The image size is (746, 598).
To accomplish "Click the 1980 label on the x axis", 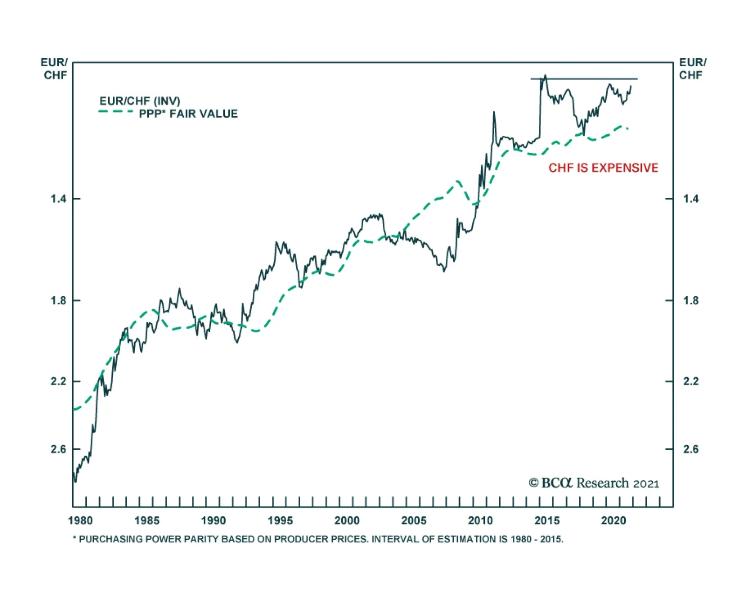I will click(x=80, y=521).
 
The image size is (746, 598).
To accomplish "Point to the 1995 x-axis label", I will click(x=280, y=521).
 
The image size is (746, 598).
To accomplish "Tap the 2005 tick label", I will click(x=414, y=521).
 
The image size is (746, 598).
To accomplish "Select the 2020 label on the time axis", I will click(x=614, y=521).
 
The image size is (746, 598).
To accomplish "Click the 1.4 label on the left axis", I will click(x=58, y=199).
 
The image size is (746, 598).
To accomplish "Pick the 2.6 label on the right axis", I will click(x=691, y=449).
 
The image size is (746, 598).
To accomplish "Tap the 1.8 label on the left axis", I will click(x=58, y=300).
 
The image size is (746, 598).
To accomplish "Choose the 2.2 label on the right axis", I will click(x=691, y=381).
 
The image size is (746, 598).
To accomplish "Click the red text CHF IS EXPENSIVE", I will click(x=603, y=168).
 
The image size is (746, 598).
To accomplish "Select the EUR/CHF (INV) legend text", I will click(x=139, y=101).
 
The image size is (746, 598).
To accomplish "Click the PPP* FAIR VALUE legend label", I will click(x=188, y=114).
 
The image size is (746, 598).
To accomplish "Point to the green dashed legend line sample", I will click(x=116, y=112).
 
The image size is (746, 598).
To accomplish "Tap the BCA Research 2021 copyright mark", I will click(x=594, y=483).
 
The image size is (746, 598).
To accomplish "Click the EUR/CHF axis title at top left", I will click(x=55, y=69).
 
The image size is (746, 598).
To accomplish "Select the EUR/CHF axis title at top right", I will click(x=692, y=69).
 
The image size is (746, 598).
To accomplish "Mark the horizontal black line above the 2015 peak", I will click(x=584, y=79).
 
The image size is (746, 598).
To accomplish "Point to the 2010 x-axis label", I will click(x=480, y=521).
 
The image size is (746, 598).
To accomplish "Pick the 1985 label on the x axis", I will click(x=147, y=521).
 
